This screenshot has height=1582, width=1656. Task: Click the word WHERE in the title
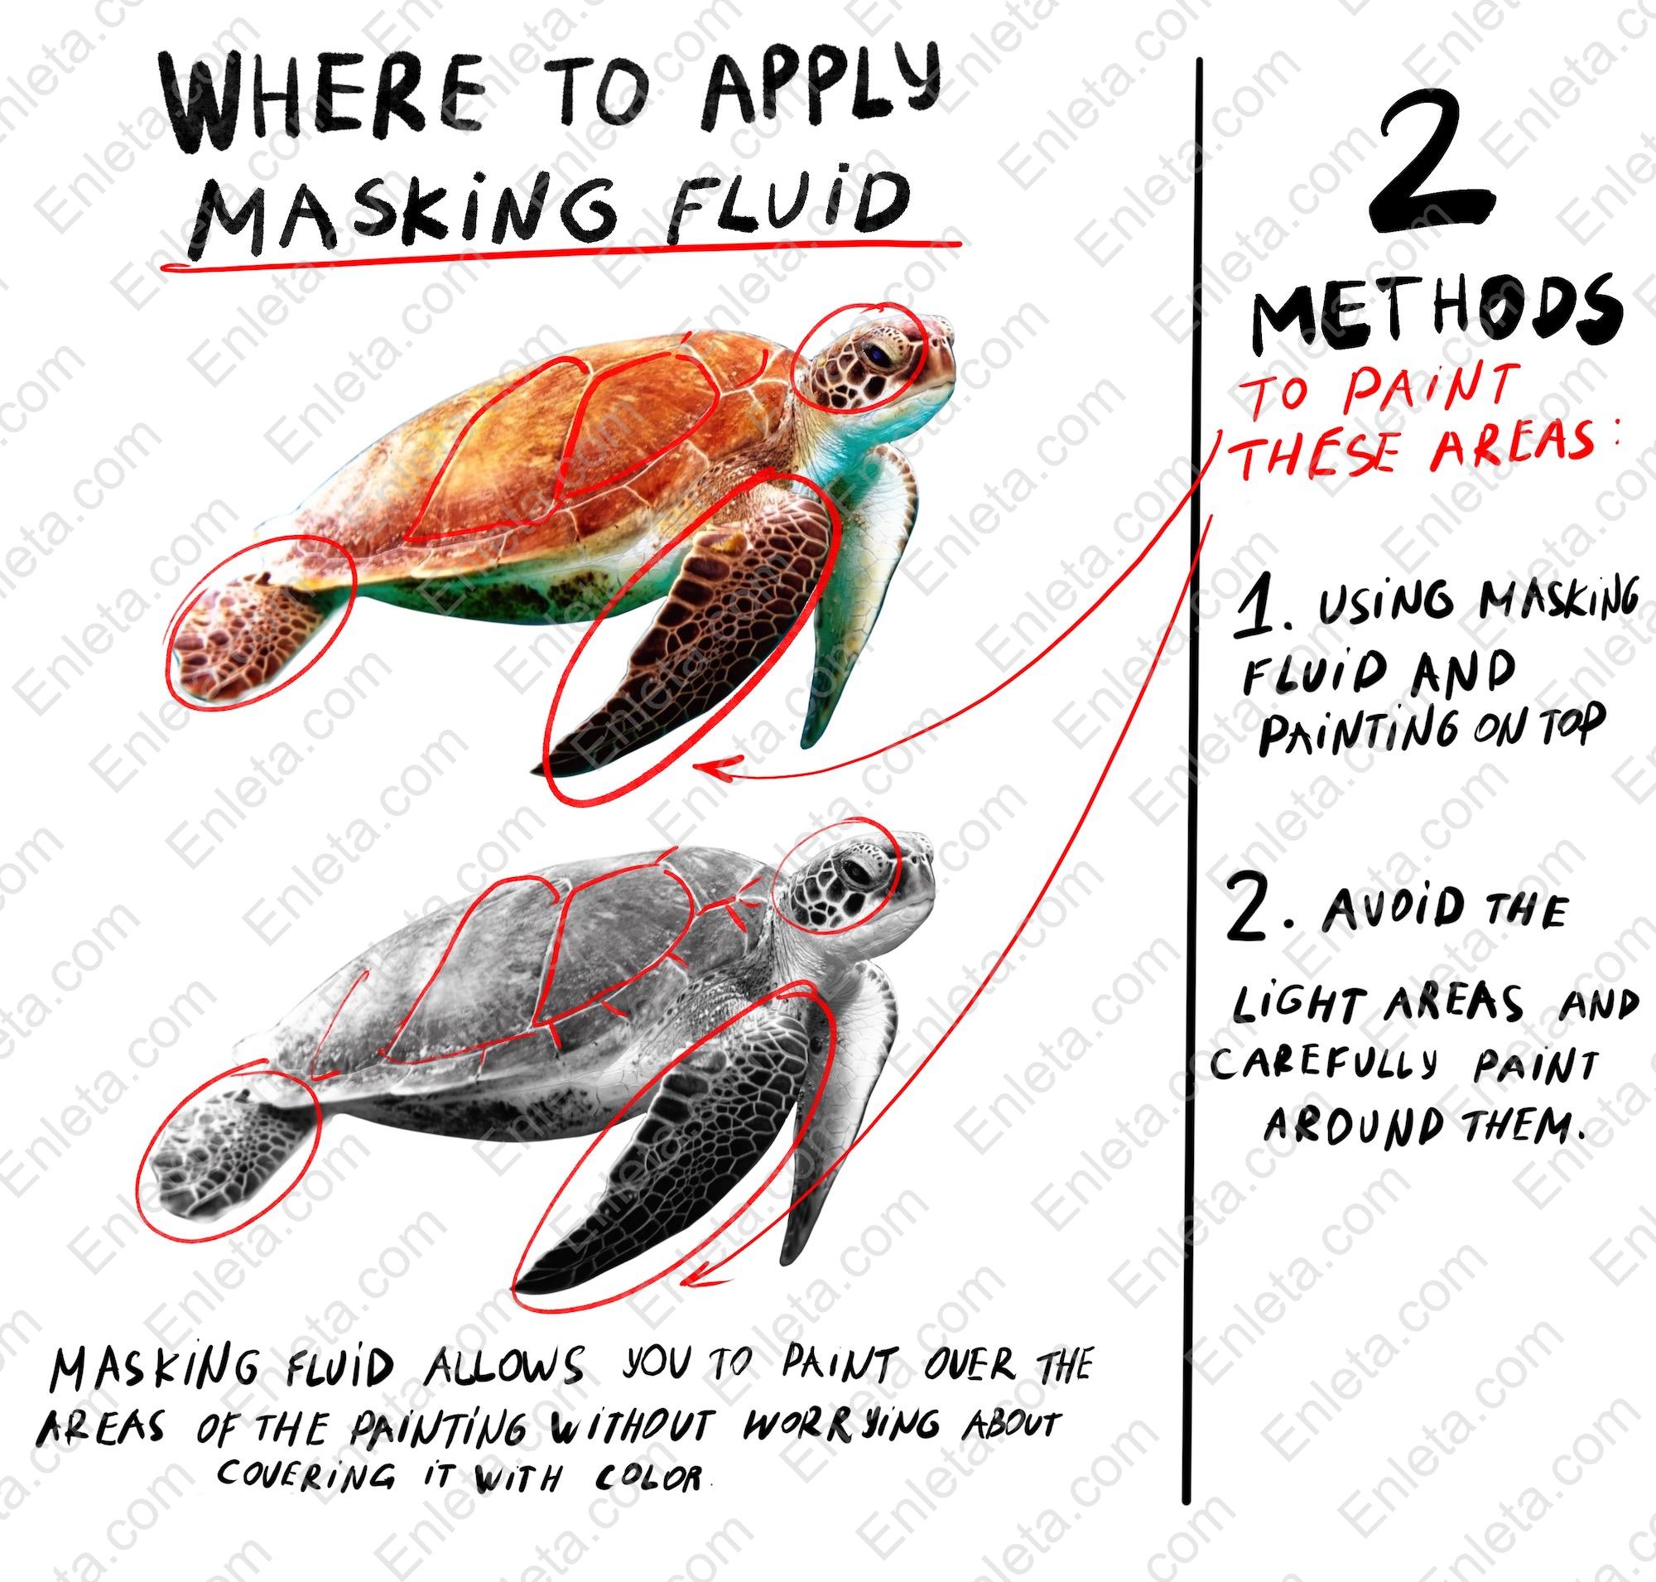[329, 105]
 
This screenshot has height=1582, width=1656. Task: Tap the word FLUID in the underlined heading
[787, 206]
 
